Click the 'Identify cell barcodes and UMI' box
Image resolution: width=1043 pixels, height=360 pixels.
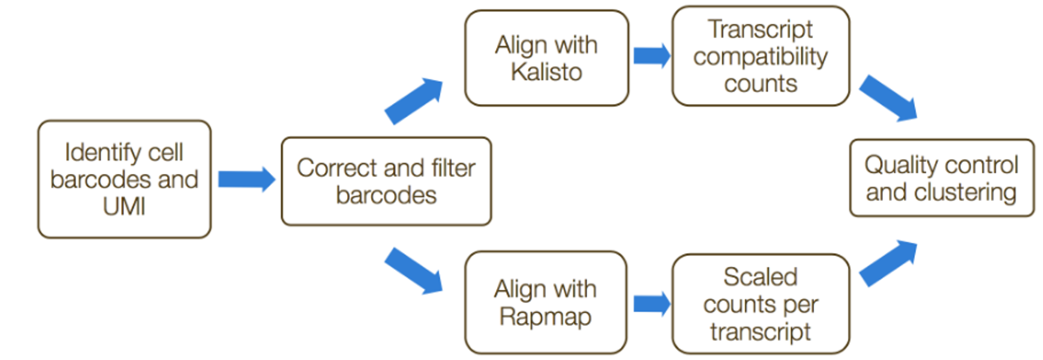124,179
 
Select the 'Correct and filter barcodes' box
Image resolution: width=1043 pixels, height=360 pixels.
386,181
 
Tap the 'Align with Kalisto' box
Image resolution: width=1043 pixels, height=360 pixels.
547,58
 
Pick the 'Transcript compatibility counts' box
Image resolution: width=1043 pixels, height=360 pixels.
761,56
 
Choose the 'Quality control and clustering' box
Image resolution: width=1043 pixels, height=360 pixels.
942,178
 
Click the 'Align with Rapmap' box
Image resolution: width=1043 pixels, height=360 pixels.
545,303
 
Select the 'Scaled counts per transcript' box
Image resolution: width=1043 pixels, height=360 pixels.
761,304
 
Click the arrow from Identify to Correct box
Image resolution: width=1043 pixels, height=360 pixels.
247,179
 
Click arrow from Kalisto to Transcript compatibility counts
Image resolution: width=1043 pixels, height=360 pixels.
652,56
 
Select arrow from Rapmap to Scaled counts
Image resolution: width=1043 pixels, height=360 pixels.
652,304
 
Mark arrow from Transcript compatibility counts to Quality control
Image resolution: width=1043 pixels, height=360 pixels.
888,99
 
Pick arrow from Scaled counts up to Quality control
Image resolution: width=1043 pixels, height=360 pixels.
888,263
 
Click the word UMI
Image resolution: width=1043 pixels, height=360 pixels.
124,207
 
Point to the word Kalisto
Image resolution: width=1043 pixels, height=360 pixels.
547,71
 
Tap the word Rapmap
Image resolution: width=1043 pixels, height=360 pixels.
545,317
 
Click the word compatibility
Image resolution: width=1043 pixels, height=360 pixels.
761,57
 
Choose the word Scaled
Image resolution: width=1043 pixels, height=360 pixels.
761,277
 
